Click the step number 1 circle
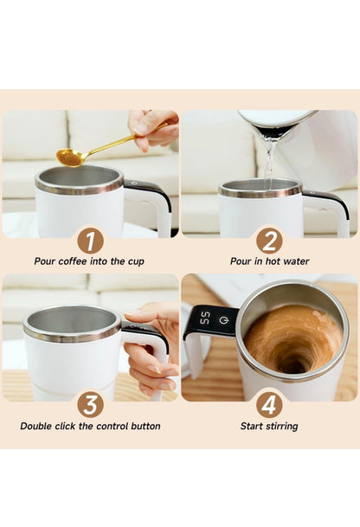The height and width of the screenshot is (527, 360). click(90, 240)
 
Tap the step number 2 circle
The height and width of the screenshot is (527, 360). click(269, 240)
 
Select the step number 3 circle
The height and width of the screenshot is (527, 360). click(90, 404)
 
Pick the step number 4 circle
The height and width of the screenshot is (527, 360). click(269, 404)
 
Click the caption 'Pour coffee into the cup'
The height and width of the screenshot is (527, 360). click(89, 261)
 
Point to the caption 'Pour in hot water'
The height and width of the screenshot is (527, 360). click(269, 261)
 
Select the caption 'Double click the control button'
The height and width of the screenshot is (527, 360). click(90, 426)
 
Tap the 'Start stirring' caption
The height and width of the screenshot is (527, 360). click(269, 426)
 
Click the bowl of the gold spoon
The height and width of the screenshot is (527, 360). click(69, 157)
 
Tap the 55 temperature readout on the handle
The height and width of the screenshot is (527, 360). click(204, 319)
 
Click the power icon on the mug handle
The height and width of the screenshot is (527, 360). click(223, 319)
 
